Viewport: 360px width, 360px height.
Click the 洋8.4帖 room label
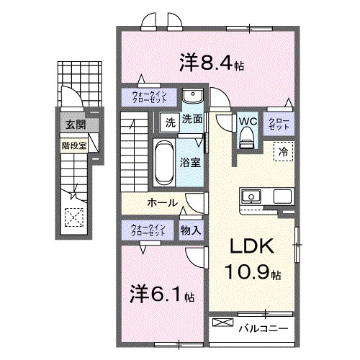(211, 63)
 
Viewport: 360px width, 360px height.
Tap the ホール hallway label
(163, 202)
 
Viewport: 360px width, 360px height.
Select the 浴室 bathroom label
(191, 162)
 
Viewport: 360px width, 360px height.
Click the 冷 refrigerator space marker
(283, 152)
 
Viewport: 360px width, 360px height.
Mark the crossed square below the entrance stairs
(73, 216)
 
